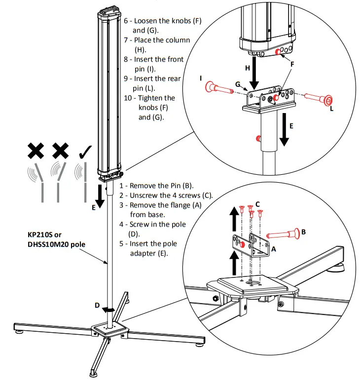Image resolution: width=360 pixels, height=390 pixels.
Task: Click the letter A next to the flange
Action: [273, 249]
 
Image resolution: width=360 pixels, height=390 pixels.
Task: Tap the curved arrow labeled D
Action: [110, 310]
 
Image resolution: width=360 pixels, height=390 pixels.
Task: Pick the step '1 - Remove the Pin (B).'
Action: [156, 186]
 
